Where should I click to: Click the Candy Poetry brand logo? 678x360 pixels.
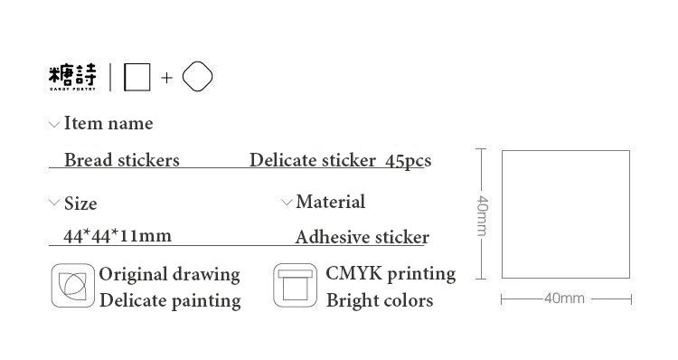(x=72, y=78)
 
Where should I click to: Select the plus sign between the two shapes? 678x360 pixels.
(x=166, y=78)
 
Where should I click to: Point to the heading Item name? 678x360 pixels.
(x=108, y=123)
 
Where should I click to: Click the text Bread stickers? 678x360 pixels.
(x=122, y=160)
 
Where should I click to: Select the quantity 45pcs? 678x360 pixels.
(x=408, y=161)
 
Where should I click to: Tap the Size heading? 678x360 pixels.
(x=80, y=204)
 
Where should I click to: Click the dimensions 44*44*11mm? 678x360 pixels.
(x=118, y=236)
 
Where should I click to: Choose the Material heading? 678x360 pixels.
(x=331, y=202)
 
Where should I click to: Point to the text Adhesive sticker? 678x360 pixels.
(x=363, y=237)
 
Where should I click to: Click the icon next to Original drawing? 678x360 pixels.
(x=72, y=286)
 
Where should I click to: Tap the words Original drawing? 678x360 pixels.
(x=170, y=274)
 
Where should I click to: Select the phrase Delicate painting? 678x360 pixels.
(x=170, y=300)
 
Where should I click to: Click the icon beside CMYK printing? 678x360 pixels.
(x=296, y=285)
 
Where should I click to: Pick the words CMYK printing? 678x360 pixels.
(x=391, y=274)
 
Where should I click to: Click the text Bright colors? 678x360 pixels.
(x=380, y=300)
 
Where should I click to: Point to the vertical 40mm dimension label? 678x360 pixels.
(x=482, y=216)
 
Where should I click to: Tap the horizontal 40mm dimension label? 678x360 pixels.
(x=564, y=298)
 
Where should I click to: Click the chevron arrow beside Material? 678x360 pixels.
(x=287, y=202)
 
